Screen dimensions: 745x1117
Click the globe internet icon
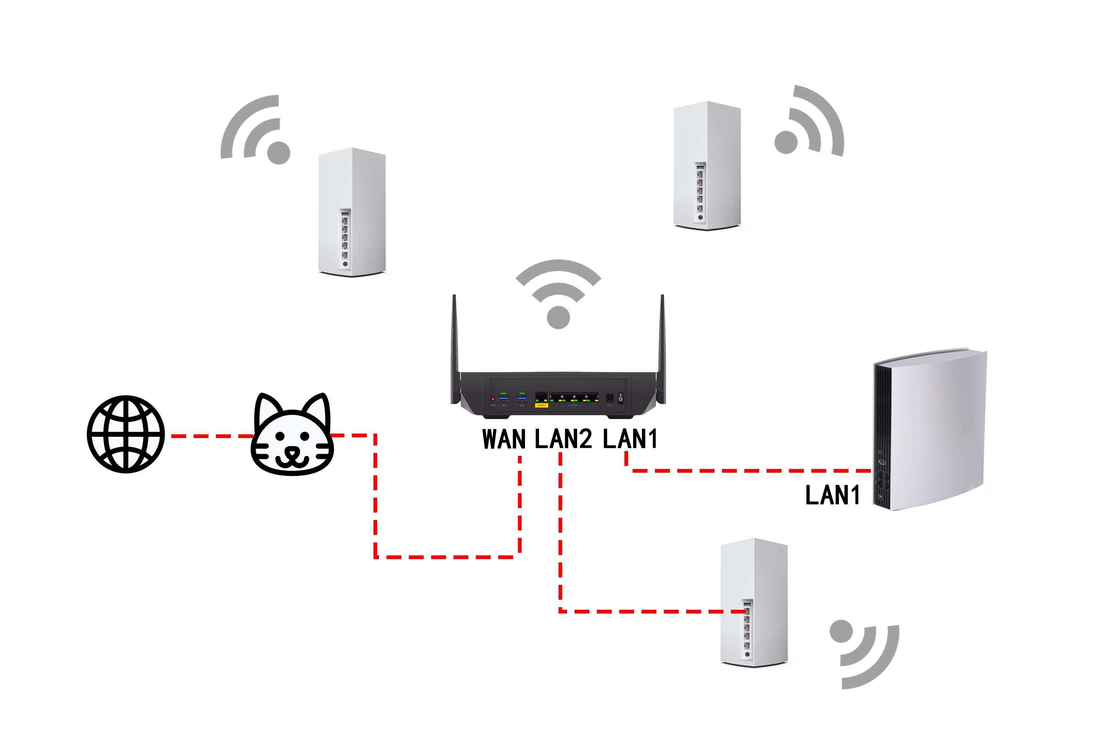(x=126, y=434)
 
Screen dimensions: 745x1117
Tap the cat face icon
(x=292, y=435)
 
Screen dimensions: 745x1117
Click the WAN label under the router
(x=504, y=439)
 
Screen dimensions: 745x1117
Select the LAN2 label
(x=563, y=439)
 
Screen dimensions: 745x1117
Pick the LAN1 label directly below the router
(x=630, y=439)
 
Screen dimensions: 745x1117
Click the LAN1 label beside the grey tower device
(x=833, y=495)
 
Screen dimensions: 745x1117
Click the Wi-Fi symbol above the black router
(x=558, y=295)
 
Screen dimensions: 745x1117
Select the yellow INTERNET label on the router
(x=541, y=405)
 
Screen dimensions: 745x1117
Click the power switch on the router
(x=620, y=398)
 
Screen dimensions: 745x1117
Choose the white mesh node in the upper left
(x=352, y=212)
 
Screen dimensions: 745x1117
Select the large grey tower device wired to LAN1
(x=931, y=430)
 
